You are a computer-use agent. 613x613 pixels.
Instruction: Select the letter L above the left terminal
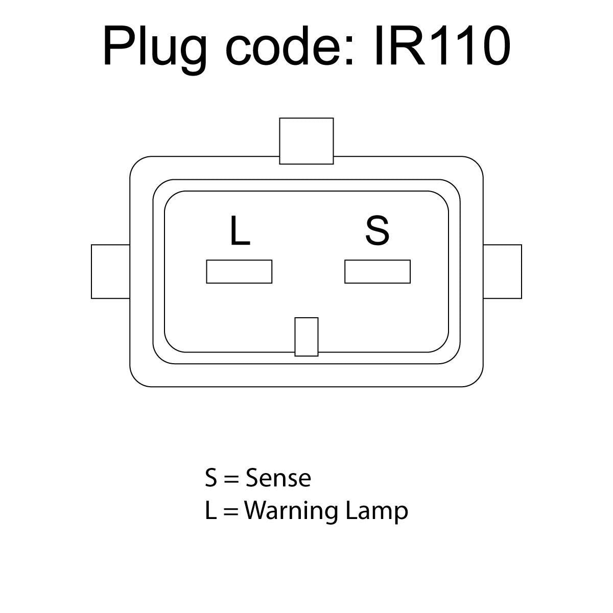tap(240, 230)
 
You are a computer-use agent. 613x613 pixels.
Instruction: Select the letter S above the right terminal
tap(377, 230)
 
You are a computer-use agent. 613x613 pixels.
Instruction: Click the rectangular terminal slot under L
tap(239, 271)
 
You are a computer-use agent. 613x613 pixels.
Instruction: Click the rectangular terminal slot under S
tap(378, 271)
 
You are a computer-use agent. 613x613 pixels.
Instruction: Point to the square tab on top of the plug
tap(306, 141)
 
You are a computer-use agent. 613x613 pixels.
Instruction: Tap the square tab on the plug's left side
tap(110, 271)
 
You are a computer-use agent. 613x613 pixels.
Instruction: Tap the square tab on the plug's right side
tap(502, 271)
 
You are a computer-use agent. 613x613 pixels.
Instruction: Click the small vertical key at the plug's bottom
tap(306, 337)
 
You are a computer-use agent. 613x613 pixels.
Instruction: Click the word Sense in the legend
tap(278, 478)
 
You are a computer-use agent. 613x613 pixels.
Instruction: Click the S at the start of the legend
tap(211, 478)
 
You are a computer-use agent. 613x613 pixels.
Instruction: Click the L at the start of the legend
tap(211, 511)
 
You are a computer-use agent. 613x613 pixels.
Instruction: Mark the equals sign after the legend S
tap(231, 479)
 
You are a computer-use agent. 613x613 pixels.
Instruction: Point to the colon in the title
tap(349, 51)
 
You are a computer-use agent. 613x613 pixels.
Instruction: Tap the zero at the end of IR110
tap(493, 45)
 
